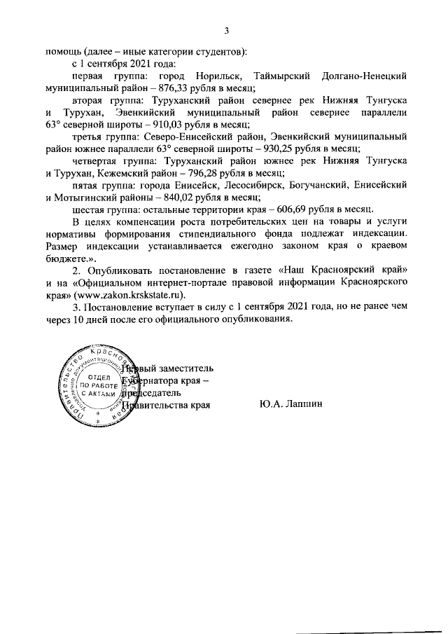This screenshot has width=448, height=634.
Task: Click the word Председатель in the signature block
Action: point(155,392)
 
